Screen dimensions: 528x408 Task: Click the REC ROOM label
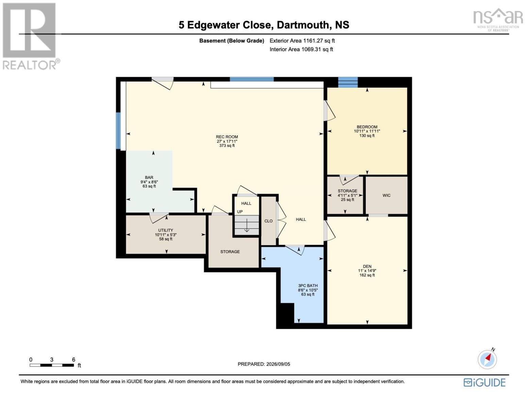click(x=227, y=137)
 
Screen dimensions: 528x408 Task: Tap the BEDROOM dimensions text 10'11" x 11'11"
click(x=367, y=131)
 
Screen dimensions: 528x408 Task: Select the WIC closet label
click(x=386, y=195)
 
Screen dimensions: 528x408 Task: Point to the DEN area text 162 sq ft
click(x=367, y=275)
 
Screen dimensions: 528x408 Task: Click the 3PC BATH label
click(x=308, y=286)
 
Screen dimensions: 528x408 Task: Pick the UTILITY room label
click(x=166, y=231)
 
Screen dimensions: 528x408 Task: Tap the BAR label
click(x=149, y=177)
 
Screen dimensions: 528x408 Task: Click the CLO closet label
click(x=269, y=221)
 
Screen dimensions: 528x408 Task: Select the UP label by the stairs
click(x=240, y=212)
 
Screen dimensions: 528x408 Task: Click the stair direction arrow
click(x=246, y=225)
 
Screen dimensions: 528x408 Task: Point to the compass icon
click(x=488, y=359)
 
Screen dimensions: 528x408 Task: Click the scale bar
click(x=52, y=365)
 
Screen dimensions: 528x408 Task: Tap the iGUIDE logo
click(x=484, y=383)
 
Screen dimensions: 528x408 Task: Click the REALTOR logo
click(x=30, y=36)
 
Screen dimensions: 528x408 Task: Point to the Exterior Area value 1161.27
click(x=312, y=41)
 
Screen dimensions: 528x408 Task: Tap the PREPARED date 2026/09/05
click(x=278, y=364)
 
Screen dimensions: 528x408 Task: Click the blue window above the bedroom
click(x=348, y=82)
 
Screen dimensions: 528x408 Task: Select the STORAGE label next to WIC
click(x=347, y=191)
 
